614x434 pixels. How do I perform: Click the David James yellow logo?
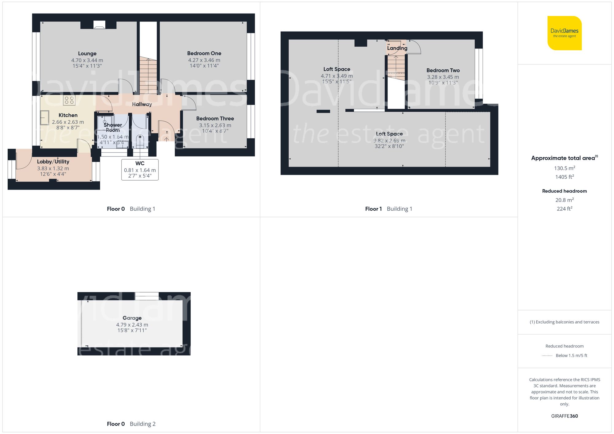pos(564,33)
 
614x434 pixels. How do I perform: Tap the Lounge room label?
pos(87,54)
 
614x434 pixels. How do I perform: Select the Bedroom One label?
pos(204,53)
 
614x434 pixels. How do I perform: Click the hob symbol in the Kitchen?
pos(69,100)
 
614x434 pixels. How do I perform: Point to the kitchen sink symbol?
pos(45,118)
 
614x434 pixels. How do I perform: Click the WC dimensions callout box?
pos(140,170)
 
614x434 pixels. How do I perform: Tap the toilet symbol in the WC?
pos(140,141)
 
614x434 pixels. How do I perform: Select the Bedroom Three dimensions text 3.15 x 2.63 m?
pos(215,125)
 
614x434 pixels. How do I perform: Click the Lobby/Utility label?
pos(53,162)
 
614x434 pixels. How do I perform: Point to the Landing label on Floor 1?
pos(397,48)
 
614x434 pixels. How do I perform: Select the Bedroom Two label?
pos(443,70)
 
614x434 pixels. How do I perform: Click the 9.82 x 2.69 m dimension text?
pos(389,140)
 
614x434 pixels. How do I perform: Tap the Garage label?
pos(132,318)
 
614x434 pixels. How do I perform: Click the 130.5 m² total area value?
pos(564,168)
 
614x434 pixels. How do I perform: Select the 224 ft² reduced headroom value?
pos(564,209)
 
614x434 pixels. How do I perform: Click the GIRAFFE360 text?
pos(564,416)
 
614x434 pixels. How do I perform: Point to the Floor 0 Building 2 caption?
pos(131,424)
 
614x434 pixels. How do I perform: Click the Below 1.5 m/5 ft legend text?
pos(571,355)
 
